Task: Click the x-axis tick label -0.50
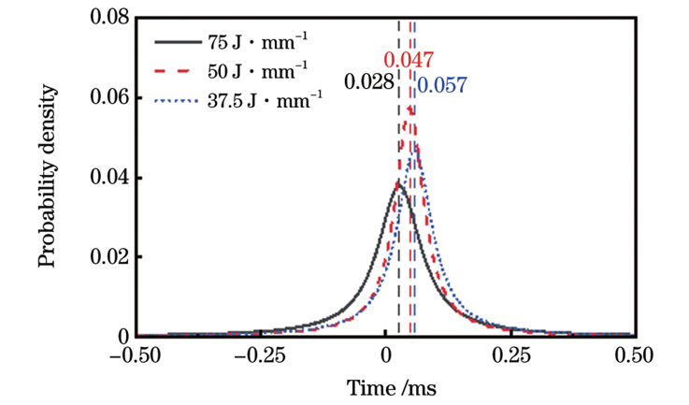(136, 355)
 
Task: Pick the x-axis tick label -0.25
(261, 355)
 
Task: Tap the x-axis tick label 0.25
(510, 355)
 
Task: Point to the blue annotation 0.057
(441, 87)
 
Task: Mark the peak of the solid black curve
(398, 182)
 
